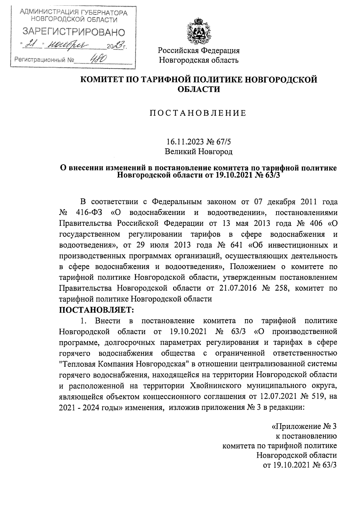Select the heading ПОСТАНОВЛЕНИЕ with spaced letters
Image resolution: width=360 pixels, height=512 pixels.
(198, 113)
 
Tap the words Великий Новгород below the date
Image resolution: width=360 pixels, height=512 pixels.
(199, 152)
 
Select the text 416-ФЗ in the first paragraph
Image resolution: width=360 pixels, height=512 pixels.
(89, 213)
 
